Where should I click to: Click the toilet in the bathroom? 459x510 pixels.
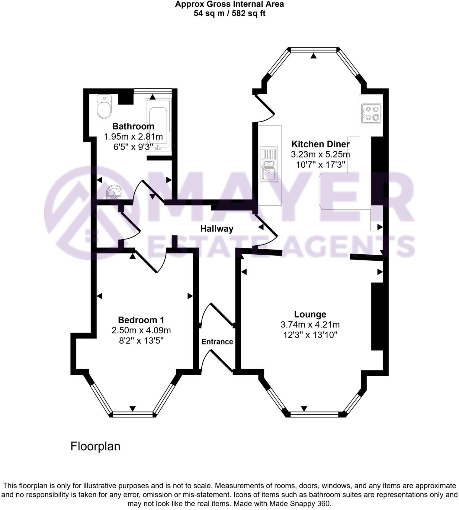tap(104, 106)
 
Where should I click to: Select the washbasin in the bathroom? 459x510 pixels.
tap(114, 192)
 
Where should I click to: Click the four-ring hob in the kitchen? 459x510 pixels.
tap(371, 113)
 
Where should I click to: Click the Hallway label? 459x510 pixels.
tap(217, 229)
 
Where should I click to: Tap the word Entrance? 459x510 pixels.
tap(217, 342)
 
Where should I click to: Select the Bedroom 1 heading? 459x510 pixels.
tap(141, 320)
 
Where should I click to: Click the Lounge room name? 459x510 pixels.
tap(310, 314)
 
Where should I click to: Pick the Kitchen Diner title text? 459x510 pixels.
tap(320, 144)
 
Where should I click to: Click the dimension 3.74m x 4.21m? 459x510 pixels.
tap(310, 325)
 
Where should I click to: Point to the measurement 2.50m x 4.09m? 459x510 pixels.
tap(141, 330)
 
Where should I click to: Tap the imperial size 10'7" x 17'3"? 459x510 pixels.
tap(320, 165)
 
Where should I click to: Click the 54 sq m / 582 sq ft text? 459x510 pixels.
tap(230, 14)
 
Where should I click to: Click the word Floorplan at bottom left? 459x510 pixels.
tap(95, 446)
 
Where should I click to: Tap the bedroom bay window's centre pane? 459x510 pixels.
tap(133, 414)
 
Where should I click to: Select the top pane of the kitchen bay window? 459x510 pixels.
tap(313, 50)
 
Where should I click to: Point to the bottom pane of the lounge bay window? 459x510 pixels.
tap(314, 414)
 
